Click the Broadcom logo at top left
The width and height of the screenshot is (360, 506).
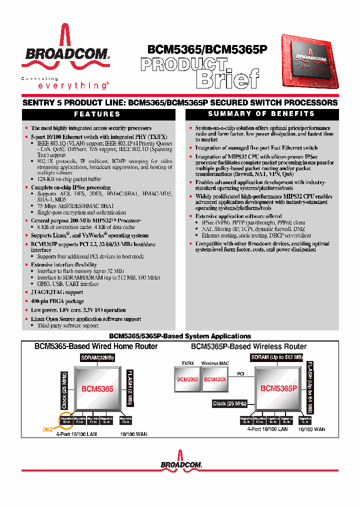tap(65, 50)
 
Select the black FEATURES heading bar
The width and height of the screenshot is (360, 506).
tap(97, 114)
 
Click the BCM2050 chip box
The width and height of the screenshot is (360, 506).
tap(187, 379)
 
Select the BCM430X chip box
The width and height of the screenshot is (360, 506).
tap(214, 379)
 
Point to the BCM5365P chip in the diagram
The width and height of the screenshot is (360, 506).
tap(278, 387)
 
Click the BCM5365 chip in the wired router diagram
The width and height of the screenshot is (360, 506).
tap(97, 388)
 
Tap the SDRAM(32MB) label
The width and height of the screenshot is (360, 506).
tap(97, 357)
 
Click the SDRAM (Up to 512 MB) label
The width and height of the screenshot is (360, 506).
tap(277, 357)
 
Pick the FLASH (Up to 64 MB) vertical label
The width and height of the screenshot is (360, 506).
tap(310, 387)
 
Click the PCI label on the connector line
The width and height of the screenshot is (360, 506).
tap(240, 373)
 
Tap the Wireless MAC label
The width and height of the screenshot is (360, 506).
tap(213, 363)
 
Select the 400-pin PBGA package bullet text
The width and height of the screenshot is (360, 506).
tap(57, 301)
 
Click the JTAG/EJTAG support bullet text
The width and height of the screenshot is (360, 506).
tap(57, 292)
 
